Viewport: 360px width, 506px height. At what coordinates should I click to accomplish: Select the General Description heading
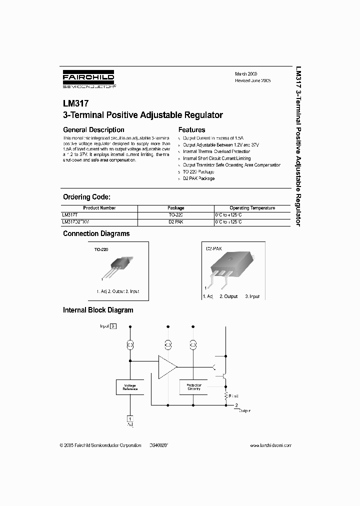pyautogui.click(x=93, y=130)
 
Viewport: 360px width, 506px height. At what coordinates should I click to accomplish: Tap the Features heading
pyautogui.click(x=192, y=130)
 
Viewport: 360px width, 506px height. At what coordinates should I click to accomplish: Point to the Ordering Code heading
pyautogui.click(x=86, y=197)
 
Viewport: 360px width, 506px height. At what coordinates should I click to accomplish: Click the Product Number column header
pyautogui.click(x=99, y=208)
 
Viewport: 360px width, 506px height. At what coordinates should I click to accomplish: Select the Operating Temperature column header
pyautogui.click(x=252, y=208)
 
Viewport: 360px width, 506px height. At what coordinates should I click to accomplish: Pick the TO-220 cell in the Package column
pyautogui.click(x=175, y=214)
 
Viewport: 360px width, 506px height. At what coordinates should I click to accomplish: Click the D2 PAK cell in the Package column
pyautogui.click(x=175, y=221)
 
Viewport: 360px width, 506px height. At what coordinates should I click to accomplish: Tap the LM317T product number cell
pyautogui.click(x=70, y=214)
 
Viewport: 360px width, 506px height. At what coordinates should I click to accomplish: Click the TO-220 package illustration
pyautogui.click(x=117, y=267)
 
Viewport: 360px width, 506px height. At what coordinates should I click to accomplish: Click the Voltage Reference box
pyautogui.click(x=130, y=386)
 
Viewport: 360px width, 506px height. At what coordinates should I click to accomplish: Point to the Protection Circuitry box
pyautogui.click(x=193, y=386)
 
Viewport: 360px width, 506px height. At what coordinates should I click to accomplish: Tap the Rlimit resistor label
pyautogui.click(x=234, y=395)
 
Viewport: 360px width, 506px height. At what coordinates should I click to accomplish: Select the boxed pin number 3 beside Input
pyautogui.click(x=113, y=326)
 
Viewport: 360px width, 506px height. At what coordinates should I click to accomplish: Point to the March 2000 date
pyautogui.click(x=246, y=73)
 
